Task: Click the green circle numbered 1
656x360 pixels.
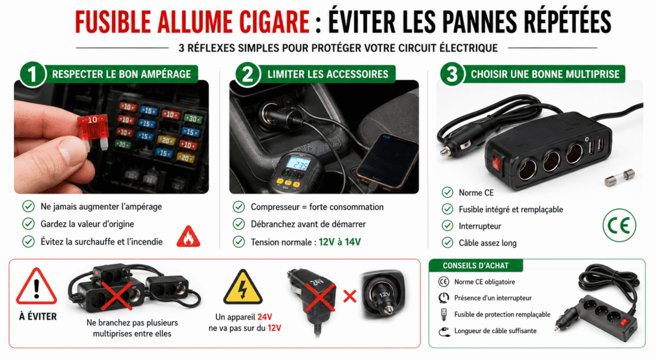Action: pyautogui.click(x=33, y=74)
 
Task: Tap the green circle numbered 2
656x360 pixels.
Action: pyautogui.click(x=248, y=74)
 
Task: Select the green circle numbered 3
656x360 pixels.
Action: pyautogui.click(x=452, y=74)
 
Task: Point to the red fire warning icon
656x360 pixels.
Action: pyautogui.click(x=188, y=236)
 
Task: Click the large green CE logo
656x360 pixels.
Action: pyautogui.click(x=619, y=225)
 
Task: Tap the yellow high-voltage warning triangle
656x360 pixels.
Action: pyautogui.click(x=243, y=287)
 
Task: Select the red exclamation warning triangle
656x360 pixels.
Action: pyautogui.click(x=37, y=287)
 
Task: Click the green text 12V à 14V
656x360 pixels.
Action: pyautogui.click(x=340, y=242)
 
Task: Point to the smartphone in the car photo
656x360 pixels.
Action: pyautogui.click(x=388, y=161)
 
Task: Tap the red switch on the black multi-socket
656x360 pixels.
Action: pyautogui.click(x=496, y=163)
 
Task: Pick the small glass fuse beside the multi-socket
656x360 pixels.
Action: pyautogui.click(x=619, y=177)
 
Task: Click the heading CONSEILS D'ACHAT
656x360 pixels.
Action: pyautogui.click(x=476, y=265)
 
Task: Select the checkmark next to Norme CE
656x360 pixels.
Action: pyautogui.click(x=448, y=192)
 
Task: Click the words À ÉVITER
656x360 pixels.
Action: pyautogui.click(x=38, y=316)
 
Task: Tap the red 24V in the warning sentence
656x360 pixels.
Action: pyautogui.click(x=265, y=317)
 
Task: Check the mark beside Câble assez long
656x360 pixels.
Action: pyautogui.click(x=448, y=243)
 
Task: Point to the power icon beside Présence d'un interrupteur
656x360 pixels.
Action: pyautogui.click(x=443, y=298)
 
